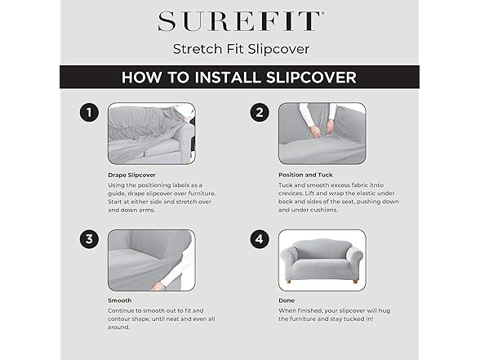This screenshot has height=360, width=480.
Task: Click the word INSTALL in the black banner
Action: (x=228, y=77)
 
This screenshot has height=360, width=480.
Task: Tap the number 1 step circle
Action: (x=89, y=113)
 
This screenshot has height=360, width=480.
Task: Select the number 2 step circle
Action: (x=260, y=113)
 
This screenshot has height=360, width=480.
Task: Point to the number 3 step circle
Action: (x=89, y=238)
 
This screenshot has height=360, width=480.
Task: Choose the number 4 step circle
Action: (x=260, y=238)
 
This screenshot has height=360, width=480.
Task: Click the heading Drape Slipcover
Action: (x=131, y=175)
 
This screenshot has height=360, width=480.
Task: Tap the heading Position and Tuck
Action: (x=305, y=175)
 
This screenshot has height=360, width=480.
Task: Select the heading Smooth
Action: (x=120, y=300)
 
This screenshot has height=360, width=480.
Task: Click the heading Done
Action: (x=287, y=300)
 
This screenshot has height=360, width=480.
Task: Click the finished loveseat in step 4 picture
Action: (x=322, y=260)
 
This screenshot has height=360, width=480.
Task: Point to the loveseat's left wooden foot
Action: (x=288, y=281)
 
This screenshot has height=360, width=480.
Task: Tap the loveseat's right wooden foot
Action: (x=355, y=281)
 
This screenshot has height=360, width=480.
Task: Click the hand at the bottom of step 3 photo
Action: (x=158, y=287)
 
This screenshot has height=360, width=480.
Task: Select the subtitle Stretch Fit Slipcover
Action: (x=242, y=49)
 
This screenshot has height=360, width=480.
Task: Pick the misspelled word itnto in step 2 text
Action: (x=376, y=184)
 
